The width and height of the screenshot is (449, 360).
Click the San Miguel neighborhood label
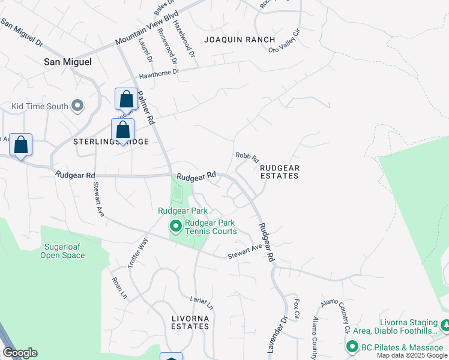[x=68, y=62]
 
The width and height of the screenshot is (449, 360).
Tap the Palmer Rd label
[x=146, y=106]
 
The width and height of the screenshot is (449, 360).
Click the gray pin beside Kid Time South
[x=77, y=106]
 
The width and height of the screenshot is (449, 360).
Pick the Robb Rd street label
[x=247, y=157]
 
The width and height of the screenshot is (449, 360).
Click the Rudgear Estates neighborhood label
[x=279, y=172]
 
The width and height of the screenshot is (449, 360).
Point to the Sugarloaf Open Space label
[x=62, y=251]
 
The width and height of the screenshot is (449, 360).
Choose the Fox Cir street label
[x=297, y=308]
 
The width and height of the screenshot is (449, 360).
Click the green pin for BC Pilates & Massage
[x=352, y=347]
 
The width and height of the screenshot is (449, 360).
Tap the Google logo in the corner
[x=20, y=353]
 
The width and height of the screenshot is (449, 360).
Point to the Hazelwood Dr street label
[x=184, y=38]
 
